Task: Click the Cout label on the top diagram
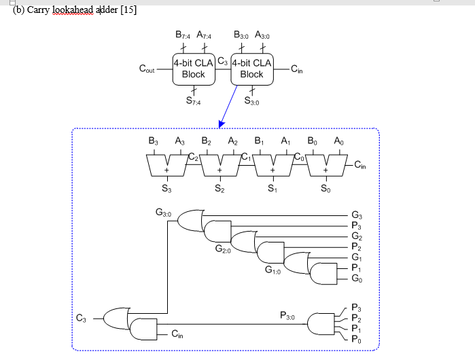(x=146, y=69)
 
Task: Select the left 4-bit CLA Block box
(x=193, y=69)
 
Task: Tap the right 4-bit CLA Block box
(x=251, y=69)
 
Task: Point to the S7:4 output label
(x=194, y=101)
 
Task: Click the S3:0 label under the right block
(x=251, y=101)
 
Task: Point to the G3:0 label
(x=164, y=213)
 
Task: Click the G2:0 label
(x=223, y=250)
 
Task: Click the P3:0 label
(x=287, y=316)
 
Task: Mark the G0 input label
(x=357, y=280)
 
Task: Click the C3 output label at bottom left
(x=81, y=317)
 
